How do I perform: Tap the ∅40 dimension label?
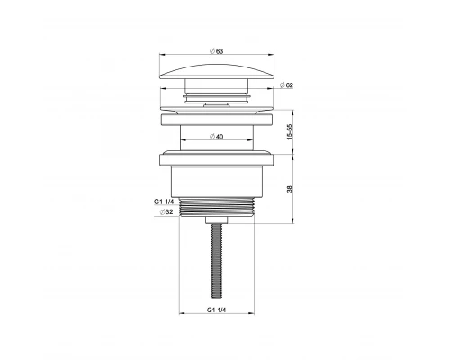(215, 136)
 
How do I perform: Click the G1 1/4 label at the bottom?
(215, 312)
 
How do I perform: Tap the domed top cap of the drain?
(215, 70)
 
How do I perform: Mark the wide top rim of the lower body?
(215, 160)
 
